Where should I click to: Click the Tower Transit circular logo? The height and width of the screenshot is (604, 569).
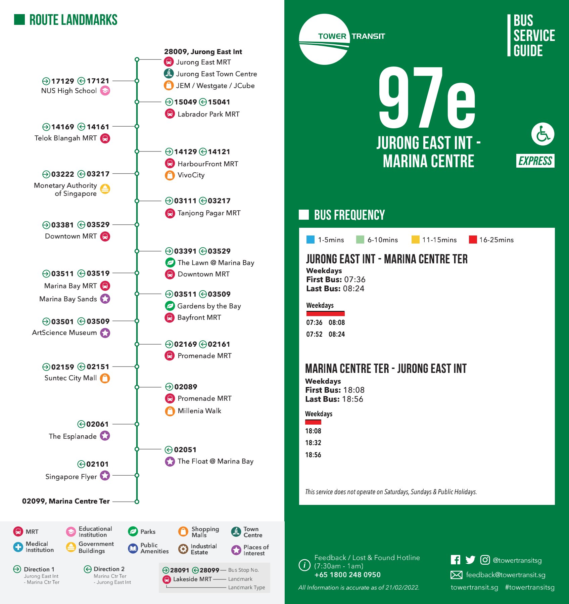pos(324,39)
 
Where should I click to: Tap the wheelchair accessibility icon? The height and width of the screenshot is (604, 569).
pos(542,134)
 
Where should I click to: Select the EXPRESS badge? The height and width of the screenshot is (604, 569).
pos(535,161)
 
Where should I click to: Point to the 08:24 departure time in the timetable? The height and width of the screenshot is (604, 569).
pos(337,334)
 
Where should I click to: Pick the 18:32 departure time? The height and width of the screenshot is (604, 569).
pos(313,443)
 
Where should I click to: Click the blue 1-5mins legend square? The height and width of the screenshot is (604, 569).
pos(311,240)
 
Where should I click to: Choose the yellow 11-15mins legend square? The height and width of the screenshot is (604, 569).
pos(415,240)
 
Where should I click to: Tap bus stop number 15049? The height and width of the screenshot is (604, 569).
pos(185,102)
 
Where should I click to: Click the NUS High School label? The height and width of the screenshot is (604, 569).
pos(69,91)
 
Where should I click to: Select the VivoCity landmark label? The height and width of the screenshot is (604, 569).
pos(191,175)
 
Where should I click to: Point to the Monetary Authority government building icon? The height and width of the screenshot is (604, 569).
pos(105,189)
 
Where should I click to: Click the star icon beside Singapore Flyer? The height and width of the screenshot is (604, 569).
pos(105,475)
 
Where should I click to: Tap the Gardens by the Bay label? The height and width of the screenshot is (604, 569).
pos(209,306)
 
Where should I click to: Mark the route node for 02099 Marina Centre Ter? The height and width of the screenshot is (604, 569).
pos(137,502)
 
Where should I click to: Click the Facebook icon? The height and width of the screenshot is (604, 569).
pos(455,560)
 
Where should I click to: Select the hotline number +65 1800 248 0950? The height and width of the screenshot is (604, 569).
pos(347,575)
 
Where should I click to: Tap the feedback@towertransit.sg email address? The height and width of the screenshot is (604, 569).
pos(506,575)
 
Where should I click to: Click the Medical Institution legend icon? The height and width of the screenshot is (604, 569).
pos(18,547)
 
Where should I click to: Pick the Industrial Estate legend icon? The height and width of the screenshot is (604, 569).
pos(183,549)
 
